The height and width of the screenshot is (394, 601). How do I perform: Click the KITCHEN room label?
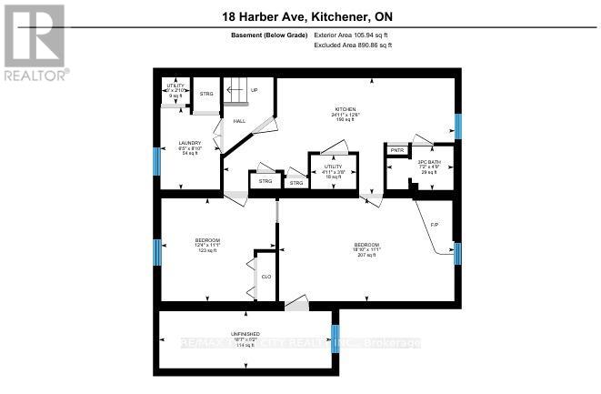tap(344, 108)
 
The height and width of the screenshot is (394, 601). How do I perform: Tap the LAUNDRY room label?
tap(189, 143)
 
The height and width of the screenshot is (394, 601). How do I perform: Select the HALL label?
tap(240, 121)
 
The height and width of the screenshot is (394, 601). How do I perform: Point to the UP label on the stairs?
tap(255, 90)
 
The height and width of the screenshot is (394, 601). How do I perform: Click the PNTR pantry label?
tap(397, 149)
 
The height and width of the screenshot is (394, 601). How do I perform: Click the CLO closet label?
tap(266, 275)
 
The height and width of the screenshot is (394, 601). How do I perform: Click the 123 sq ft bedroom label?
tap(207, 240)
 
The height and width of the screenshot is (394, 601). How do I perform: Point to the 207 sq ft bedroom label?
tap(367, 245)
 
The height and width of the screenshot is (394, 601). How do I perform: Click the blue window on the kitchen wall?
tap(458, 126)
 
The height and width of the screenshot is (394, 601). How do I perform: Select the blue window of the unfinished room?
tap(335, 338)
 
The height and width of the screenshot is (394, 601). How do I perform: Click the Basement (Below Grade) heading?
tap(270, 35)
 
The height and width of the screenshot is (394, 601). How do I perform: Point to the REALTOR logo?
tap(34, 42)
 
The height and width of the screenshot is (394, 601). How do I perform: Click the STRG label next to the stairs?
tap(206, 94)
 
